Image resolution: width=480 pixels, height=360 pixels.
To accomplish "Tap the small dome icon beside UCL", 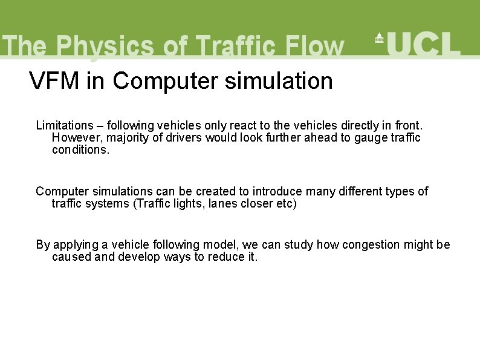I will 379,38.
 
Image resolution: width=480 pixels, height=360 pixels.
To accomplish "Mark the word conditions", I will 81,149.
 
